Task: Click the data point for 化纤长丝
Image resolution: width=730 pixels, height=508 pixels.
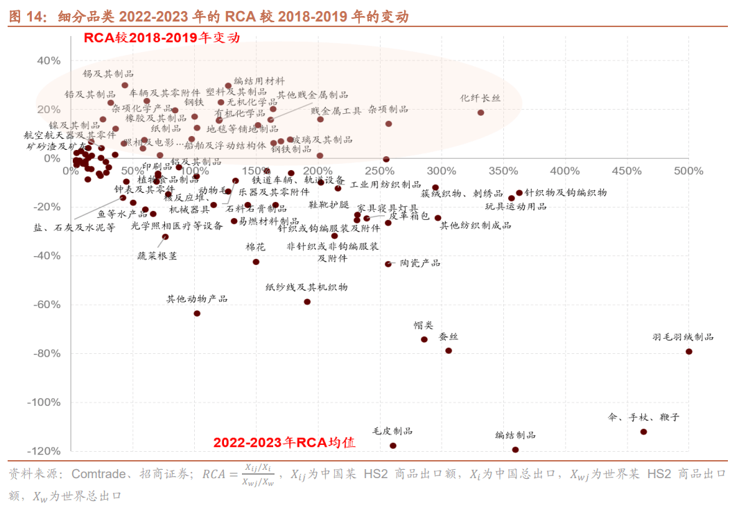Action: (x=480, y=112)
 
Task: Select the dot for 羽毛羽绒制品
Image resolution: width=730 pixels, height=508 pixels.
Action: (x=689, y=351)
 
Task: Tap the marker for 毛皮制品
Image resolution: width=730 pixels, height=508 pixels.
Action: (x=393, y=446)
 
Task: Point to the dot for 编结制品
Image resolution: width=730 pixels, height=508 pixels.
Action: (x=515, y=450)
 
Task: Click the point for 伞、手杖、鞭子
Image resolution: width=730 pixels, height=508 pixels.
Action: (x=643, y=432)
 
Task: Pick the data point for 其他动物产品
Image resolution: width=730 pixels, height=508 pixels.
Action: (x=197, y=313)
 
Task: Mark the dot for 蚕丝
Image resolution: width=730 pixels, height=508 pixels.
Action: (x=449, y=350)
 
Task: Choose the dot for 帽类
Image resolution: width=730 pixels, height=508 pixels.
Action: (x=424, y=339)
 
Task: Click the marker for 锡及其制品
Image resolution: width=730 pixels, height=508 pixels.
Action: (x=125, y=85)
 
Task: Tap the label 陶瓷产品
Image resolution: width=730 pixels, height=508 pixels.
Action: (x=420, y=263)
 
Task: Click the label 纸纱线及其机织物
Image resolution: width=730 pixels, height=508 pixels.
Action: (x=306, y=287)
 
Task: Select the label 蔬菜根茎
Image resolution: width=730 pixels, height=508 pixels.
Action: (x=157, y=255)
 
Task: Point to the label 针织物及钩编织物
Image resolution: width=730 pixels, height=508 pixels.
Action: (x=566, y=193)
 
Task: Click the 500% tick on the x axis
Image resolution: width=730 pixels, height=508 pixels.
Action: (x=688, y=171)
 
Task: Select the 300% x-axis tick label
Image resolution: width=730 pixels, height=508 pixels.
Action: (x=441, y=171)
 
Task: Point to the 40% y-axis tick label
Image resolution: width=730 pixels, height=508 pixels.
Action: (x=49, y=61)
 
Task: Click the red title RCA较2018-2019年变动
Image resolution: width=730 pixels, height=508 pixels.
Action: (x=162, y=37)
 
